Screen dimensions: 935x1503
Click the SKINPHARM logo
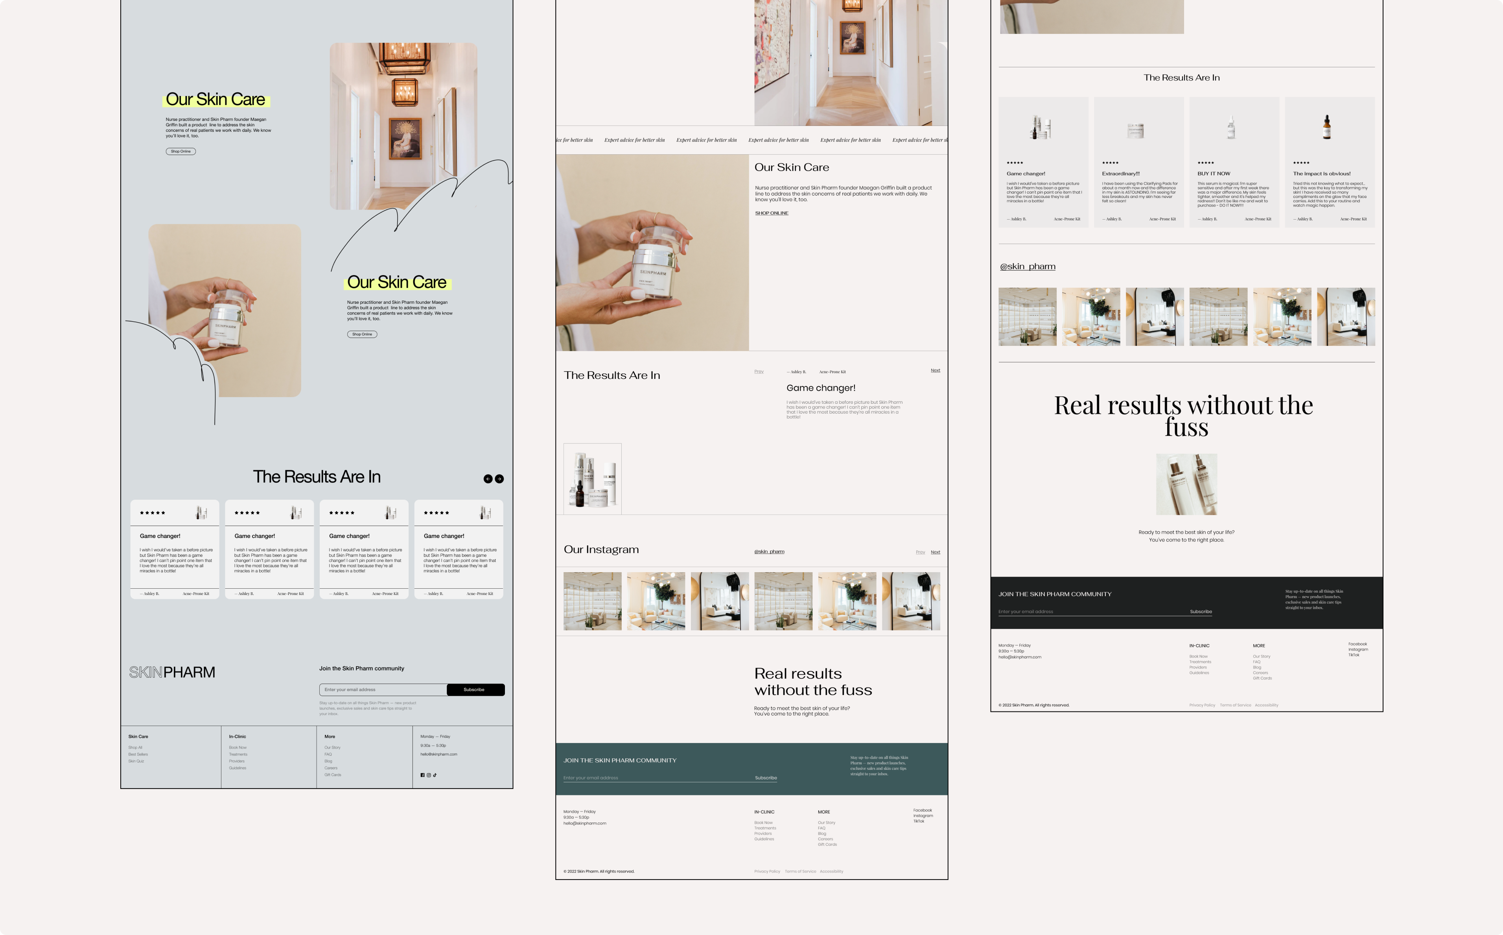tap(172, 672)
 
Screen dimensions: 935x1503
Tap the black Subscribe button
tap(475, 689)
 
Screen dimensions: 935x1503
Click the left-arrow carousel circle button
tap(488, 479)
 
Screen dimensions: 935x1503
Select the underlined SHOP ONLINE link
tap(771, 213)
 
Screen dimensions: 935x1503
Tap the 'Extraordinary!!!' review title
tap(1120, 174)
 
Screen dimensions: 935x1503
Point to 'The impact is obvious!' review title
tap(1321, 174)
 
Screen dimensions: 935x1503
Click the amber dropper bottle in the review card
tap(1326, 128)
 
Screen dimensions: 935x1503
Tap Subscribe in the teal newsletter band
tap(766, 778)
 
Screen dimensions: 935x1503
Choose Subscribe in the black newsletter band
tap(1201, 612)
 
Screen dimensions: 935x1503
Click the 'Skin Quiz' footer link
tap(136, 761)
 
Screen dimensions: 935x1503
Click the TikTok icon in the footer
tap(435, 775)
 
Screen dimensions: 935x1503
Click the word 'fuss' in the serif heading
tap(1186, 427)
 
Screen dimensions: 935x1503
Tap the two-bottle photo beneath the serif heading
tap(1186, 484)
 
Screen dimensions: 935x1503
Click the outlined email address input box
tap(383, 689)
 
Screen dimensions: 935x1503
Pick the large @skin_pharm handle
tap(1027, 266)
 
